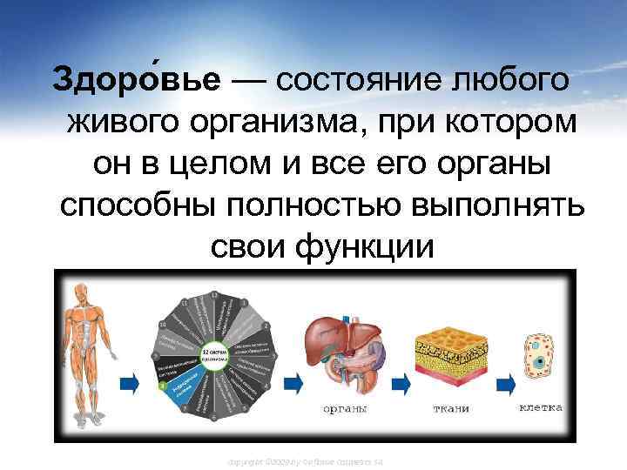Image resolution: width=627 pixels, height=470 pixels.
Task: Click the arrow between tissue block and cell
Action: [499, 380]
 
